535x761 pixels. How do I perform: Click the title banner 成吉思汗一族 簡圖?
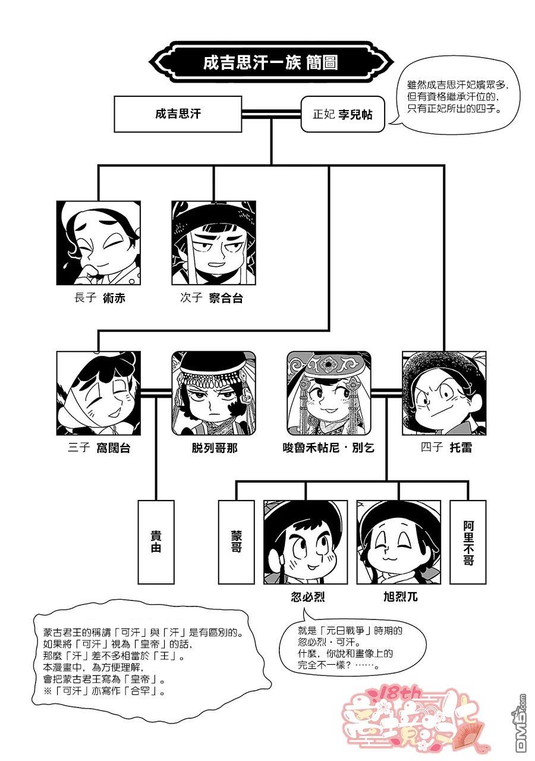click(270, 62)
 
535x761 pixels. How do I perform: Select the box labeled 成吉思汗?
click(178, 114)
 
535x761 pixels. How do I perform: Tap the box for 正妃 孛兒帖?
click(343, 114)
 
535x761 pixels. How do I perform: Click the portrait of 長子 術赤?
click(99, 243)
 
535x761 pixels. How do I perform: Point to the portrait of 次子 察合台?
click(213, 243)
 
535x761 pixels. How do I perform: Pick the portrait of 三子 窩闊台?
click(99, 393)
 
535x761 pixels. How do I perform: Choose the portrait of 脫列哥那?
click(213, 393)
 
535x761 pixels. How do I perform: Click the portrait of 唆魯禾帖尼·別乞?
click(329, 393)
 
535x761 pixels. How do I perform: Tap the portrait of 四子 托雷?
click(444, 393)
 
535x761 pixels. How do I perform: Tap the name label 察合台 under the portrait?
click(226, 298)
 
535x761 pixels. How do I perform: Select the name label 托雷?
click(461, 448)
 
